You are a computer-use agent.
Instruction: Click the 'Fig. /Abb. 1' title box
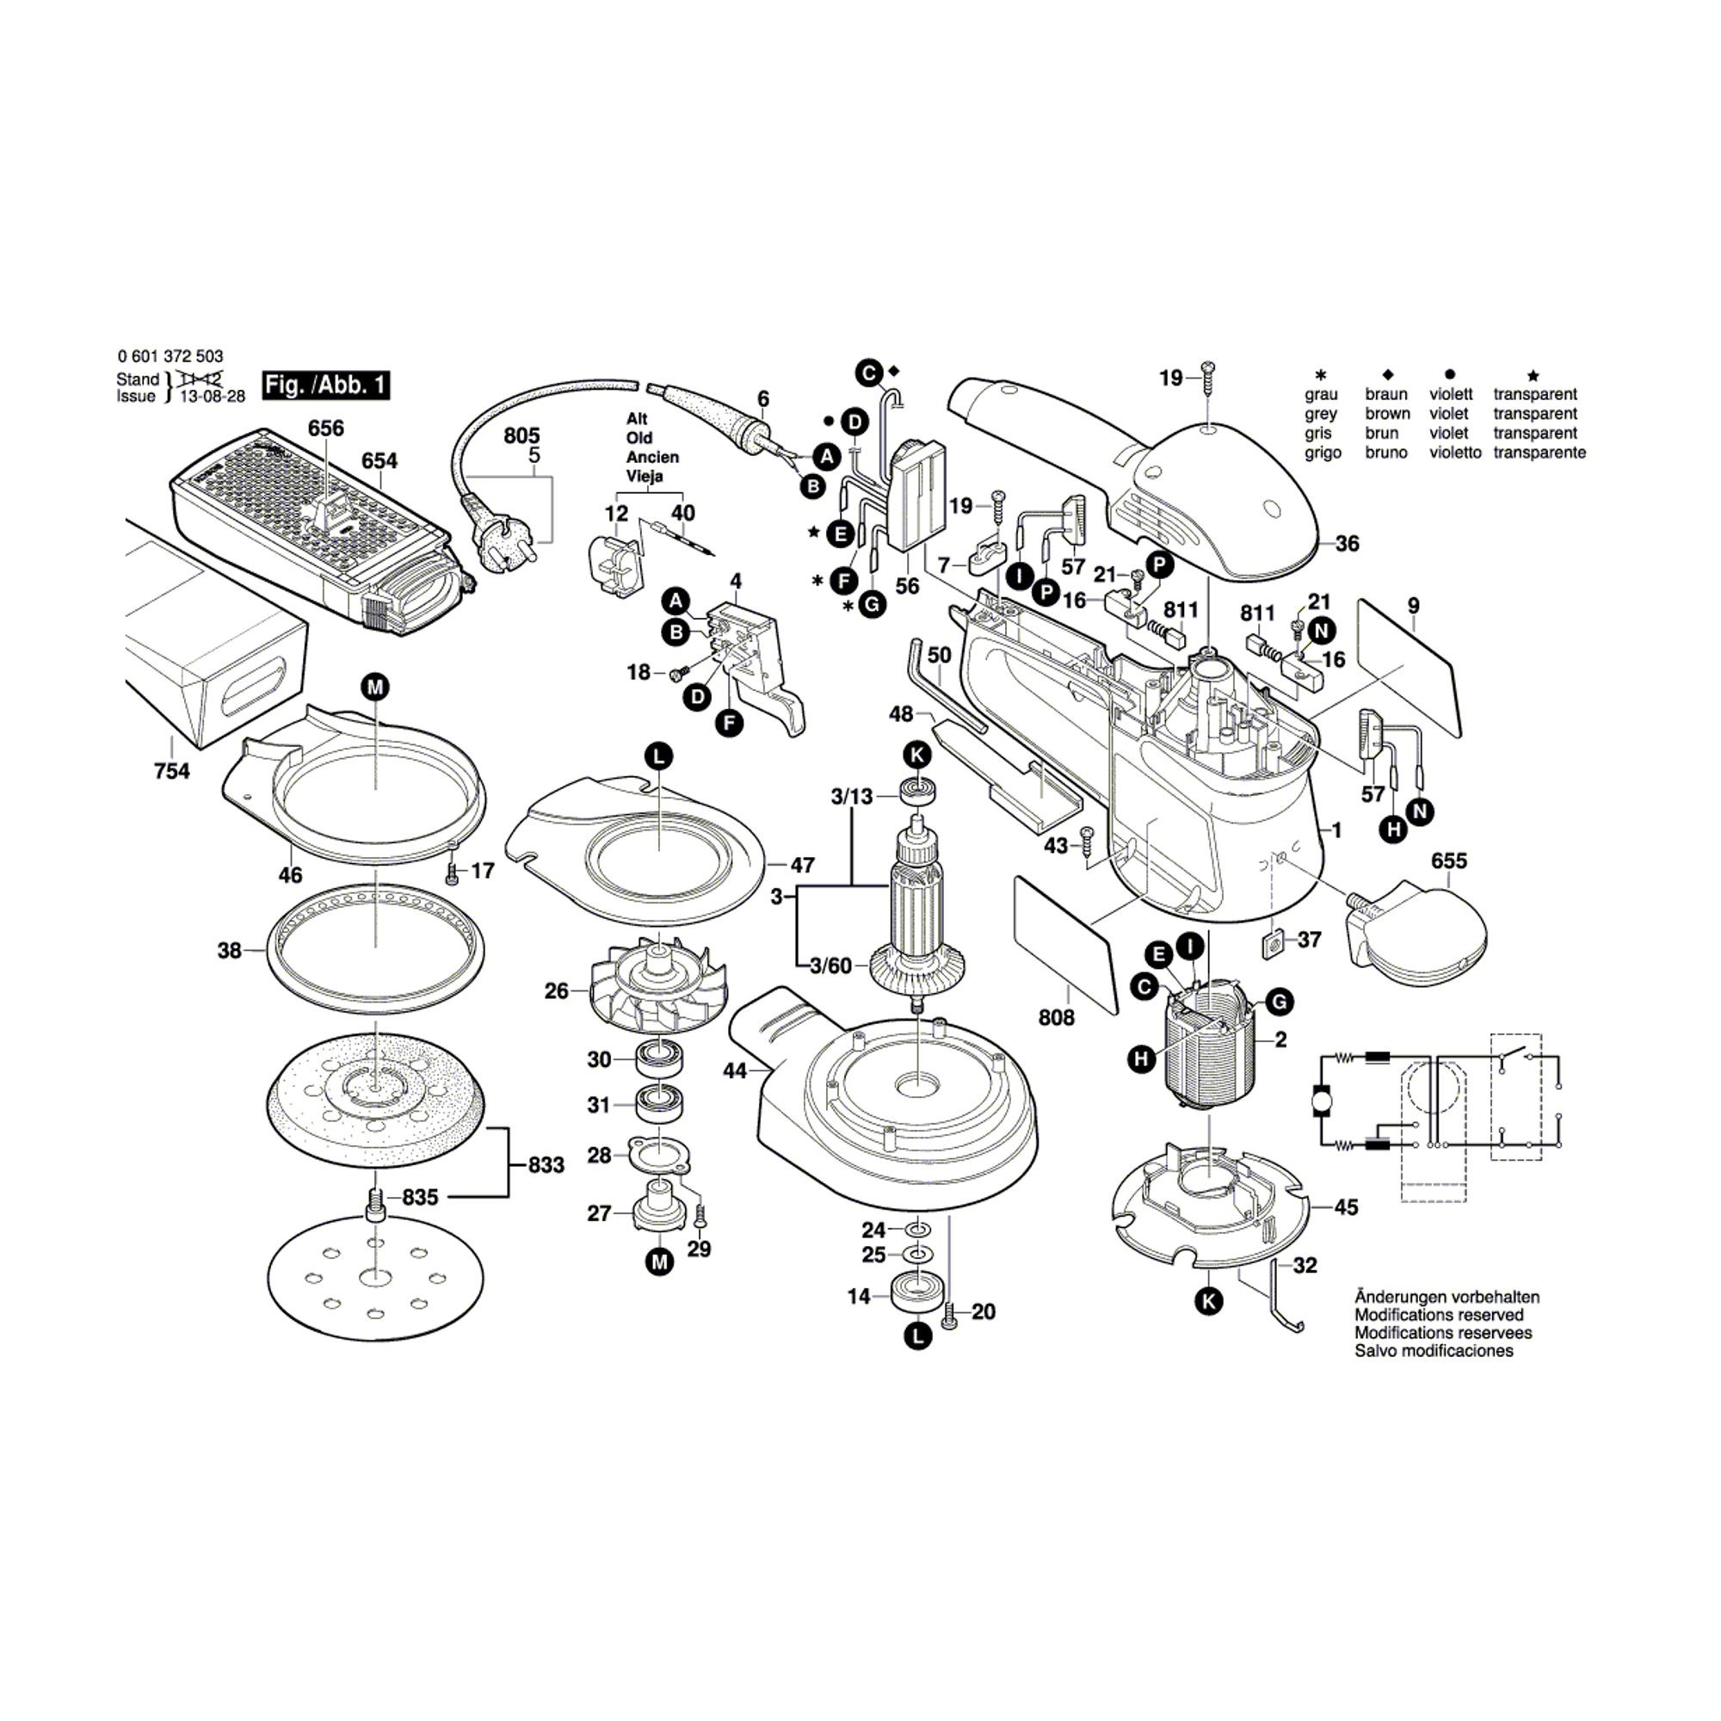click(325, 385)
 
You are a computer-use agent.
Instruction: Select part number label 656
click(325, 429)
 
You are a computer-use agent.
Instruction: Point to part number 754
click(171, 770)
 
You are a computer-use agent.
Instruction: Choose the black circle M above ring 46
click(375, 687)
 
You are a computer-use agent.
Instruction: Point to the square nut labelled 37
click(1274, 941)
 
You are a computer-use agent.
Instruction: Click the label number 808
click(1057, 1017)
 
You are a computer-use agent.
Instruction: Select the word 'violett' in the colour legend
click(1448, 395)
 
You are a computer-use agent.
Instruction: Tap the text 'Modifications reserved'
click(1440, 1315)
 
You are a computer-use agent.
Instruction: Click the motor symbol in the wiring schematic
click(1319, 1102)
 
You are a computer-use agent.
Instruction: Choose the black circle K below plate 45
click(1208, 1301)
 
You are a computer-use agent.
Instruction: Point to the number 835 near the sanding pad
click(420, 1197)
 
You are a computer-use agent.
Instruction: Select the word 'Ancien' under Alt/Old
click(652, 457)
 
